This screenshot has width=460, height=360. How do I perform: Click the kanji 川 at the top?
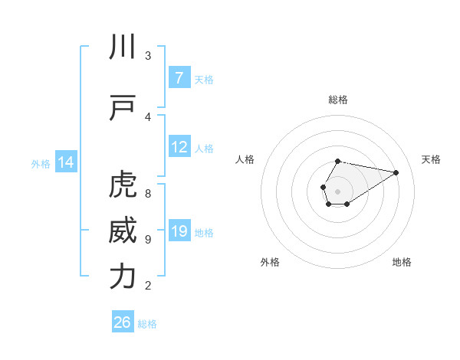pyautogui.click(x=123, y=47)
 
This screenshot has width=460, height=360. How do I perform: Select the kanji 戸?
pyautogui.click(x=123, y=109)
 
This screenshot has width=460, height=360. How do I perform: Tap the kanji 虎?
pyautogui.click(x=123, y=186)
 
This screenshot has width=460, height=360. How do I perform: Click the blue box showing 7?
pyautogui.click(x=179, y=78)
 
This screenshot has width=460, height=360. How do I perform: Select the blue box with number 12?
pyautogui.click(x=179, y=147)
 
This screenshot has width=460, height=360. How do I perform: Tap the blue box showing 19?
pyautogui.click(x=179, y=231)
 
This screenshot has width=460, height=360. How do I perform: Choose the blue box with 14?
pyautogui.click(x=66, y=162)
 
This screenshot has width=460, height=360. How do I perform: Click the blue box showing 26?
pyautogui.click(x=123, y=322)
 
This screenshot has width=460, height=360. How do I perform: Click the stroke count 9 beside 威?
pyautogui.click(x=148, y=240)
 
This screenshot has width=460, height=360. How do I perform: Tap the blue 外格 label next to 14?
pyautogui.click(x=41, y=163)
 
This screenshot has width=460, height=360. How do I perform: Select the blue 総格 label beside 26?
pyautogui.click(x=147, y=323)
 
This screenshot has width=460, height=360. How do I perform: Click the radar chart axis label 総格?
pyautogui.click(x=338, y=100)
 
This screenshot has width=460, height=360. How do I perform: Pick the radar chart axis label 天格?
pyautogui.click(x=431, y=159)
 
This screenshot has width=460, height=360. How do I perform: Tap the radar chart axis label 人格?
pyautogui.click(x=245, y=159)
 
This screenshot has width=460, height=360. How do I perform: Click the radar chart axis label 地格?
pyautogui.click(x=402, y=262)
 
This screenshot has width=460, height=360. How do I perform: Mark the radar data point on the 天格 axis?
pyautogui.click(x=396, y=172)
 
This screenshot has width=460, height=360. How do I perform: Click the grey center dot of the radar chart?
pyautogui.click(x=338, y=190)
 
